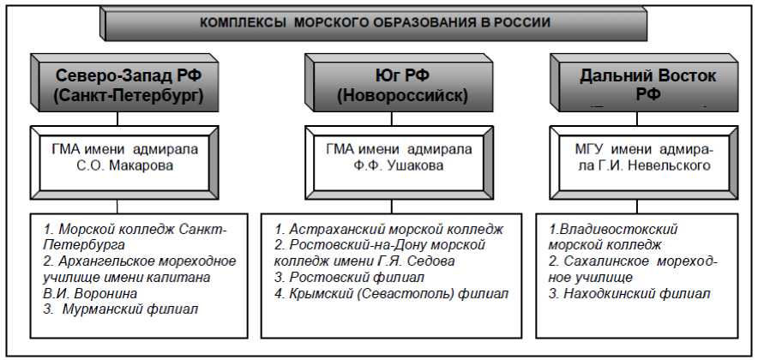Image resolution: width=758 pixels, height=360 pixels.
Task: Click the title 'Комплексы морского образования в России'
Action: point(375,22)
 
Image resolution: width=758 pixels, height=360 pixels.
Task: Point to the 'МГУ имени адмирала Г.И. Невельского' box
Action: point(642,158)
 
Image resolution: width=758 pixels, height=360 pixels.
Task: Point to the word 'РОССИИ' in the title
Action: point(522,22)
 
